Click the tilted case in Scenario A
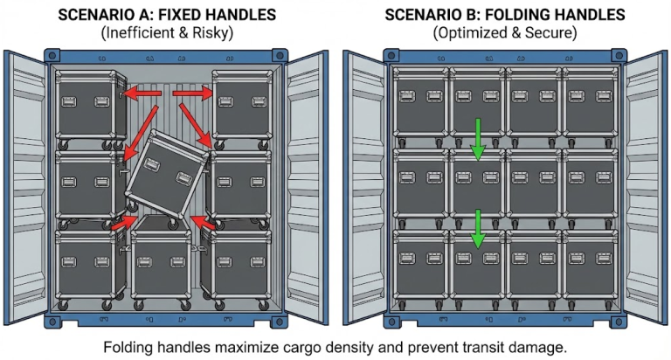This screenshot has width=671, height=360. (x=167, y=176)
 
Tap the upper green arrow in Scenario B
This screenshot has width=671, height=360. (x=478, y=140)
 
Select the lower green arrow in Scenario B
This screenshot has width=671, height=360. (x=478, y=229)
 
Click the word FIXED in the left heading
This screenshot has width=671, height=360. (x=180, y=15)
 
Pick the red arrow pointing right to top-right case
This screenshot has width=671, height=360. (x=192, y=93)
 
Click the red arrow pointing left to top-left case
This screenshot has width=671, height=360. (x=142, y=93)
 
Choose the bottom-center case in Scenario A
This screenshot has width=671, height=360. (x=161, y=262)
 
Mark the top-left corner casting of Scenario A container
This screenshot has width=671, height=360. (x=52, y=56)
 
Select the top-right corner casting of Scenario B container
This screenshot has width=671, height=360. (x=619, y=56)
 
